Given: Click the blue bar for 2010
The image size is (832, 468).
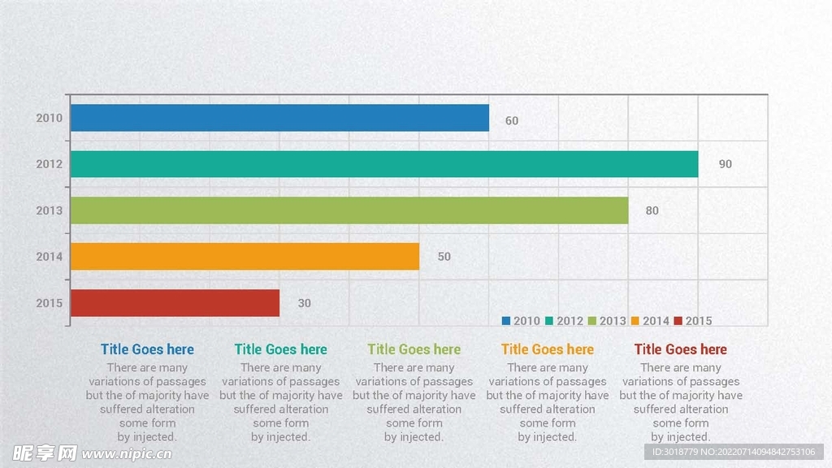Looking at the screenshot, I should pos(279,118).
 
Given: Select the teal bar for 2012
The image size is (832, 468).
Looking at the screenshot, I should pos(383,164).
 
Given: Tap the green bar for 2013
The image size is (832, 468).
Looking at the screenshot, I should pos(349,210).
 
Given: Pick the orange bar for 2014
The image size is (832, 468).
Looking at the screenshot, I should pos(245,257).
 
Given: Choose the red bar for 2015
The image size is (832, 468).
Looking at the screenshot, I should pos(175,303).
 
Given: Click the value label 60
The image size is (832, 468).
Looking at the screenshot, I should pos(512,121).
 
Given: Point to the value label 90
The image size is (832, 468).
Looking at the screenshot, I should pos(726,164).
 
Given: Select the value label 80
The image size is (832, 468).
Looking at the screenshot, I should pos(652,210).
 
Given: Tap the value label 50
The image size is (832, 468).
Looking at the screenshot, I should pos(444,257).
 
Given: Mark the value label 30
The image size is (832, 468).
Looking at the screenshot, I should pos(305,303).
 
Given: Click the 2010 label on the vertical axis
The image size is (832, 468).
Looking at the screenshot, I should pos(49,118).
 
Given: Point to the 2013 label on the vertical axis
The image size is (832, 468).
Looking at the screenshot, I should pos(49,210).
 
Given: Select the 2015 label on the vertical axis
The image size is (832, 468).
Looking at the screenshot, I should pos(49,303).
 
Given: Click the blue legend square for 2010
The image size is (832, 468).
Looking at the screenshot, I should pos(506,321).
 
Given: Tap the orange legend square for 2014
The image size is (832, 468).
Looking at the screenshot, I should pos(635,321).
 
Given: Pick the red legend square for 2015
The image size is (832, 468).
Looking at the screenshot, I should pos(678,321).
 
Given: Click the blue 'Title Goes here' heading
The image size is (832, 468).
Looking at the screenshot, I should pos(147,349).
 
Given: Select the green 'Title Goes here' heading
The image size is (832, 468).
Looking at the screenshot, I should pos(414,349).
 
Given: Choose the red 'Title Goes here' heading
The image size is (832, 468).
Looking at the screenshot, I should pos(680,349).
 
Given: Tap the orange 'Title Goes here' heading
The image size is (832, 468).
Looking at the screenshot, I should pos(547,349).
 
